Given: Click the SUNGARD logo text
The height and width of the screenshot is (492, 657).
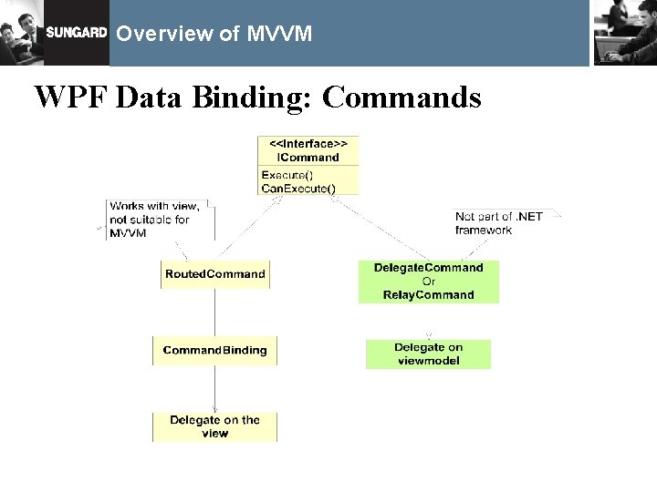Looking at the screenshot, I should point(77,33).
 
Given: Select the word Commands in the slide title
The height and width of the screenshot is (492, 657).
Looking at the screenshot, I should point(401,97).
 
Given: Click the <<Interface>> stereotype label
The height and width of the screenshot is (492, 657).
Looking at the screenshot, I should point(308,144).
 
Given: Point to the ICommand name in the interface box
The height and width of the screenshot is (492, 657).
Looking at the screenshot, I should point(308,157).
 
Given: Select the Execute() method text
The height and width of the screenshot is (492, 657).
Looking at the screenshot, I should point(286,175).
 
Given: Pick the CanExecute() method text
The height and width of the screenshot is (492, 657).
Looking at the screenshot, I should point(297,189).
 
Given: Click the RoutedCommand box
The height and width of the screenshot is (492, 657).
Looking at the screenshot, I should point(215,274).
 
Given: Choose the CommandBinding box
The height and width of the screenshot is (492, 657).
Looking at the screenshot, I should point(215,351).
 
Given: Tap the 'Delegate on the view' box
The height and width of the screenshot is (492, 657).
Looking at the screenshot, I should point(214,427).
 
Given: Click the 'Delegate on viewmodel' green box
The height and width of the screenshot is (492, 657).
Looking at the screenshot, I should point(428,354).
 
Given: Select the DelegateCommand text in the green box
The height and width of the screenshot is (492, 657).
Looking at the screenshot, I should point(428,268).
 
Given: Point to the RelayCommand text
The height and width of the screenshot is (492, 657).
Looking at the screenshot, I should point(428,295).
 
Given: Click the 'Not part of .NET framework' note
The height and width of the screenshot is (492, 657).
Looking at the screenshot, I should point(498,223).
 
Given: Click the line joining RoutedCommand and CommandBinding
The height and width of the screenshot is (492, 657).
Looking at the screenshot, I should point(215,313).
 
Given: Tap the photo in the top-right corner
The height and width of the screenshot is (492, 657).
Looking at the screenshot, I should point(624,32).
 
